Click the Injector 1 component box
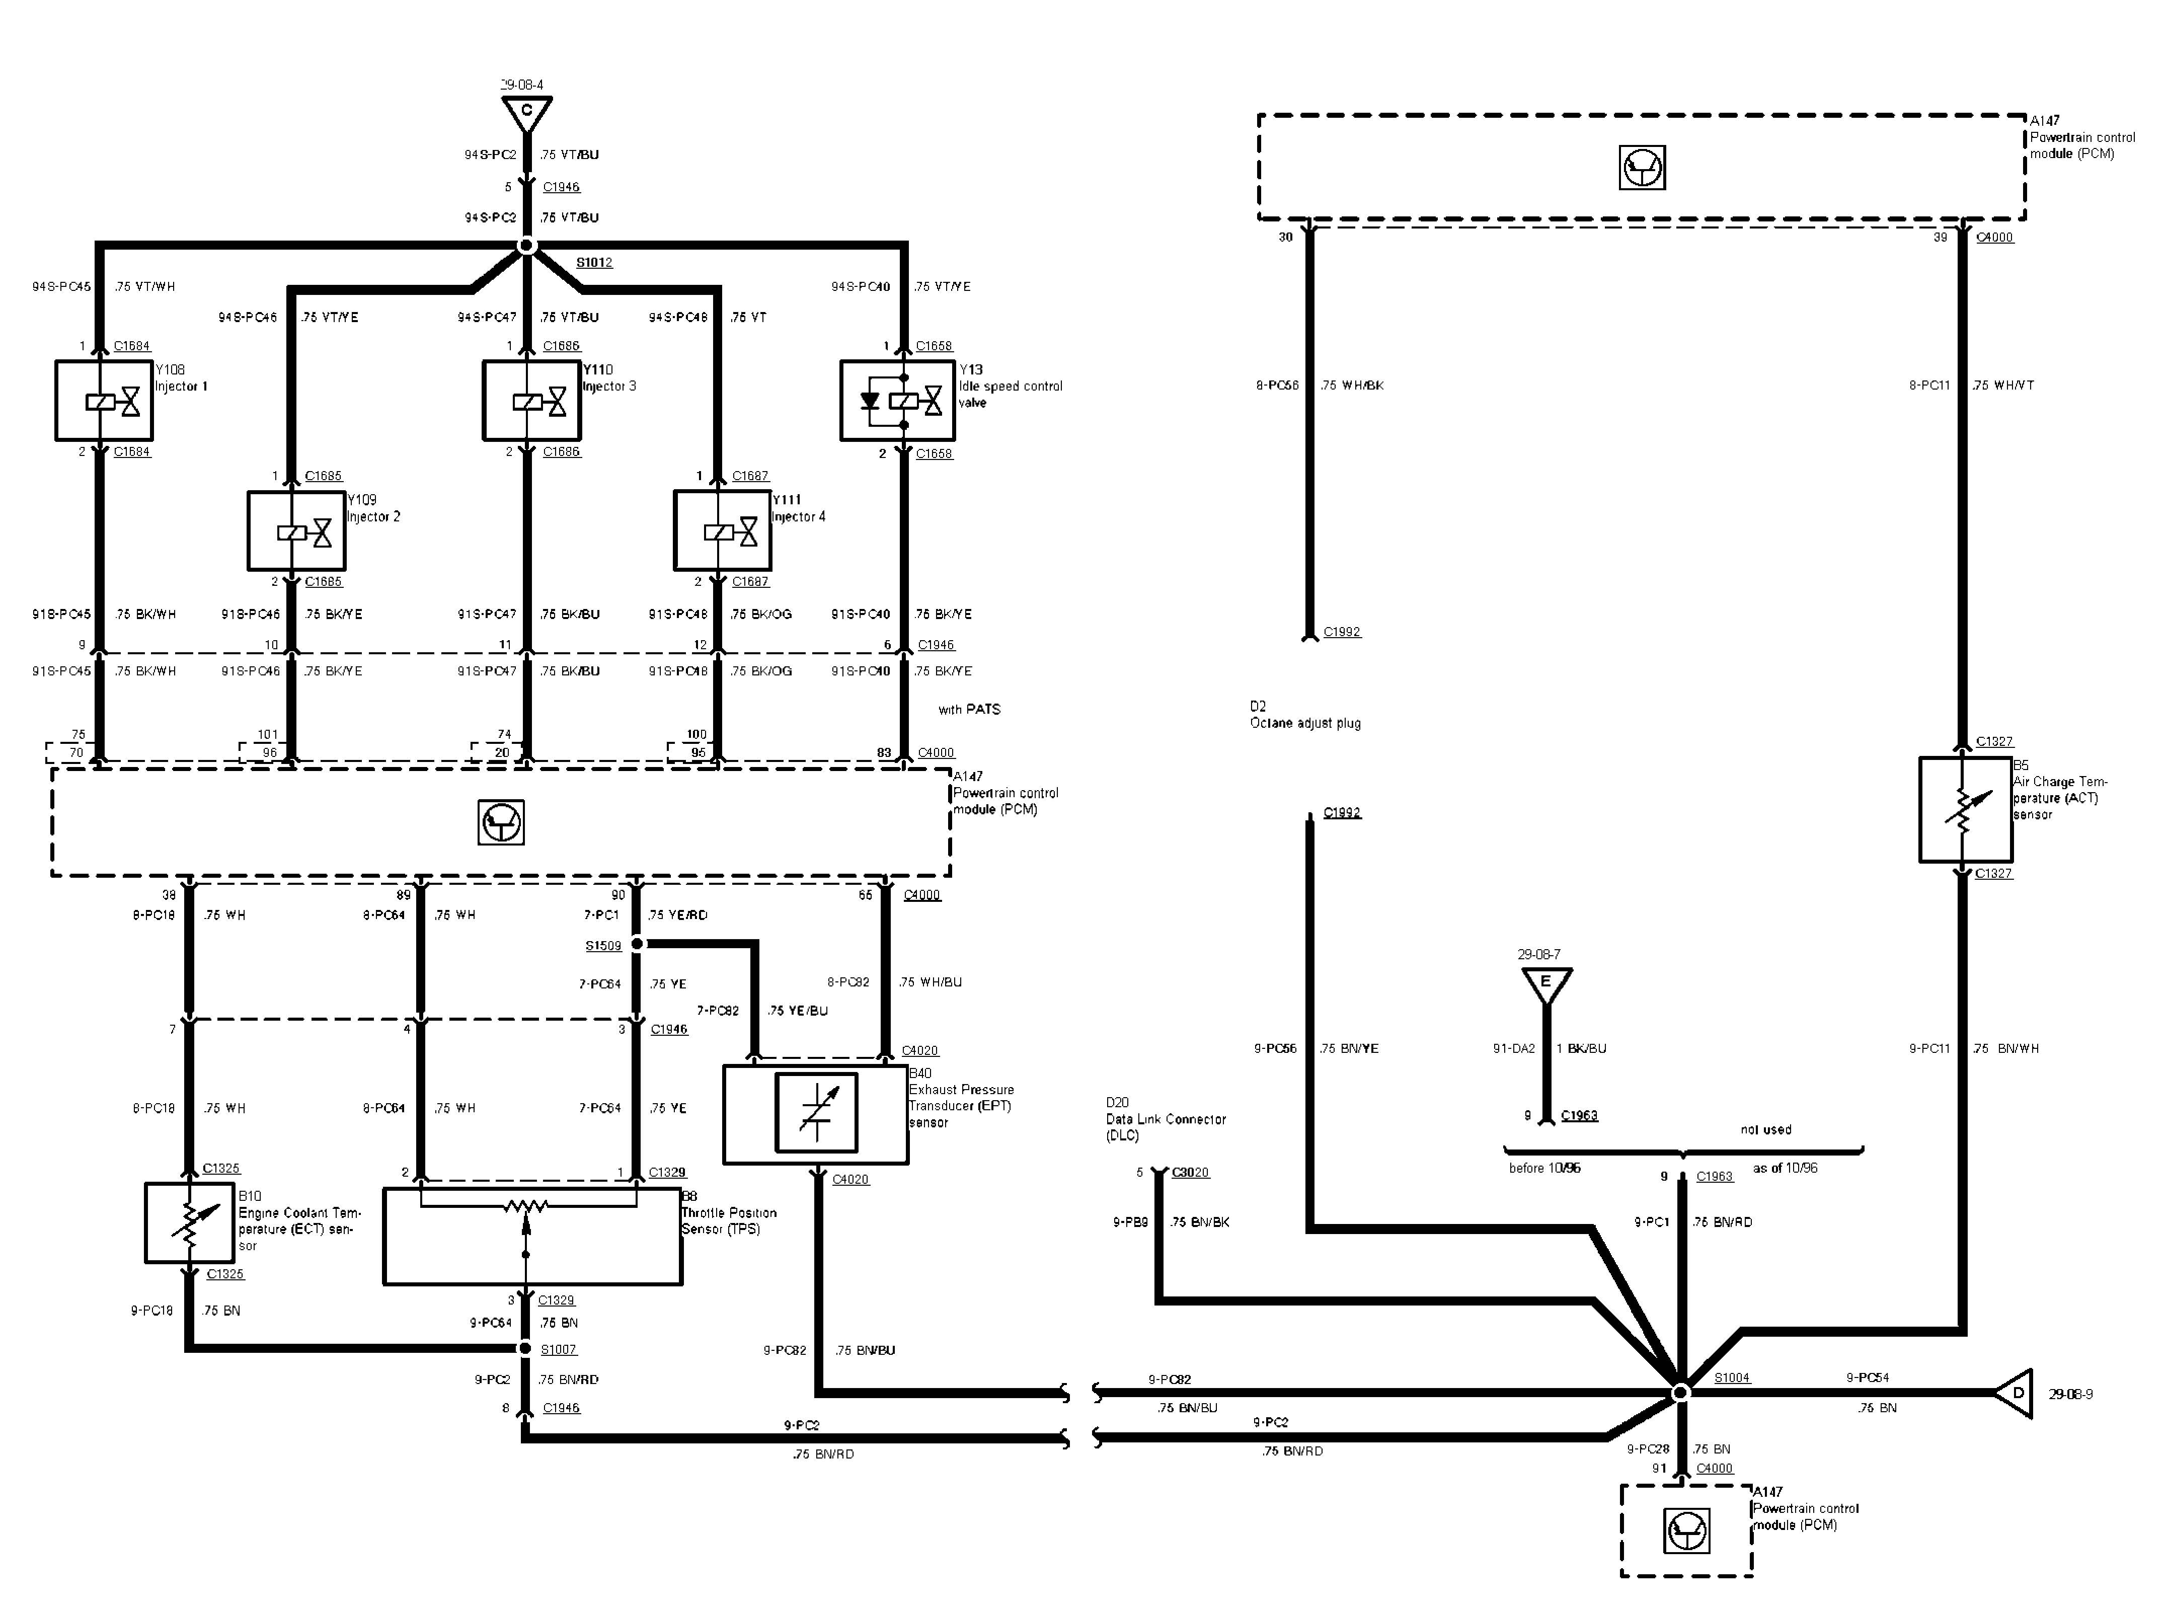(x=104, y=401)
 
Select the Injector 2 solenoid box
(x=296, y=531)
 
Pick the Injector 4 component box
(x=722, y=531)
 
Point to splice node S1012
(x=526, y=247)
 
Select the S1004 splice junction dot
(x=1680, y=1393)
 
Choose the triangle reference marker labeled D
(x=2015, y=1394)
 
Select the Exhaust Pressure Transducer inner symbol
(x=816, y=1112)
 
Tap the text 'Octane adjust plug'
(x=1305, y=723)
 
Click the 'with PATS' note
(x=969, y=710)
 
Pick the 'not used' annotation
(x=1765, y=1129)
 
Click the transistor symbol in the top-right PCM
(x=1642, y=168)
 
